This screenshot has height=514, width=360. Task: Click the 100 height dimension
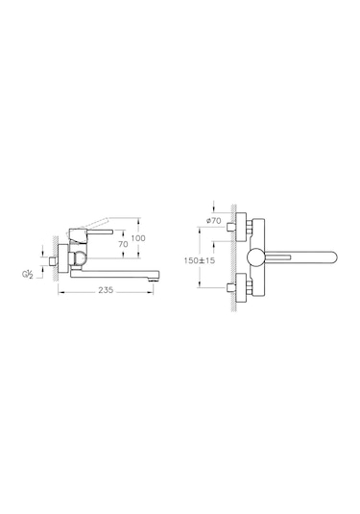tap(137, 237)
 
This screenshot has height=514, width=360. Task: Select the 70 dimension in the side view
tap(122, 245)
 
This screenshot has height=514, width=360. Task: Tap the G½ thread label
tap(30, 275)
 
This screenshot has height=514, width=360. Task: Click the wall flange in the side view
tap(63, 259)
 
